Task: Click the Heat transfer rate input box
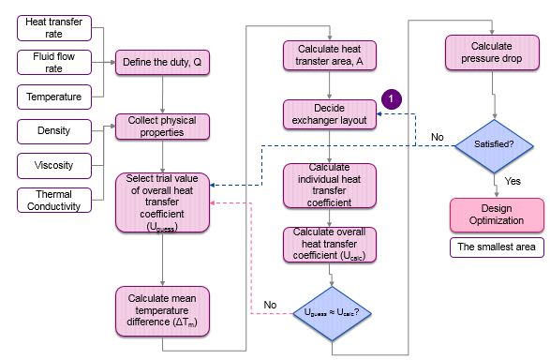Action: tap(54, 28)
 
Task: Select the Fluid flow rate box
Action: tap(54, 63)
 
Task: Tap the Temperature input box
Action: tap(54, 97)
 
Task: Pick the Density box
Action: tap(54, 131)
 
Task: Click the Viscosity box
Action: tap(54, 166)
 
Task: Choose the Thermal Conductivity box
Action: tap(54, 200)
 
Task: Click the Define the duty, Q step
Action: tap(162, 63)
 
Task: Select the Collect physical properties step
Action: tap(162, 127)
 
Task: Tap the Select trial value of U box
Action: tap(162, 202)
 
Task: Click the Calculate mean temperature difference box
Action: tap(162, 311)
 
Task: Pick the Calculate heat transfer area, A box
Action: tap(330, 55)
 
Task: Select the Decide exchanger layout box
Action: tap(330, 114)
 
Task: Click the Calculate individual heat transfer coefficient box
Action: tap(330, 186)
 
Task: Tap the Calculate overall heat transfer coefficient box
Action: tap(330, 245)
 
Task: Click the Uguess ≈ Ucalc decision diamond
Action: tap(332, 313)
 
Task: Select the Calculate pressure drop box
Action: tap(492, 52)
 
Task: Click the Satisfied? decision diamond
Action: tap(494, 146)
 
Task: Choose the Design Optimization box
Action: tap(497, 215)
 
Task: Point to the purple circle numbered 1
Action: tap(392, 99)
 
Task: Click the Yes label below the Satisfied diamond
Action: tap(513, 181)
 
